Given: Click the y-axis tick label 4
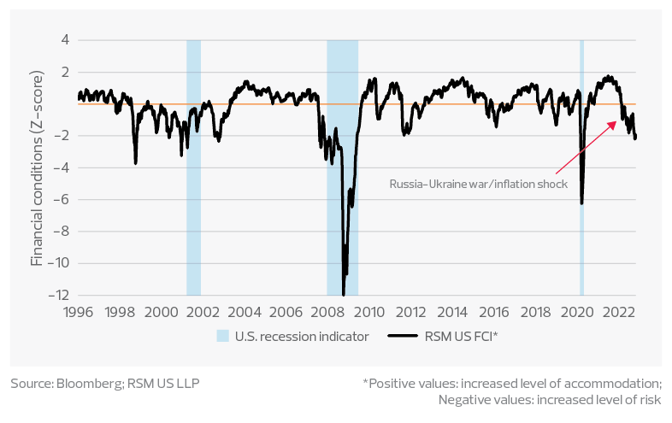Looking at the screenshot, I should (x=63, y=40).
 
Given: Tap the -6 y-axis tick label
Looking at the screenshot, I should (x=61, y=200).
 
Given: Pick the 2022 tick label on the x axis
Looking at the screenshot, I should (x=618, y=311).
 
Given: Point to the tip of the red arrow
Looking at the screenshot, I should (x=617, y=120).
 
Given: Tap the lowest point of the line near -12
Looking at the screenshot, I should (x=344, y=294).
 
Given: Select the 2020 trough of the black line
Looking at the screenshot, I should (x=581, y=203).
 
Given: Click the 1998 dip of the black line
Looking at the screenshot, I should (x=135, y=162).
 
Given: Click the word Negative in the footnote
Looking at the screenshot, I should (x=464, y=399).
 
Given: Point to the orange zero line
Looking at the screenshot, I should (x=256, y=104).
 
